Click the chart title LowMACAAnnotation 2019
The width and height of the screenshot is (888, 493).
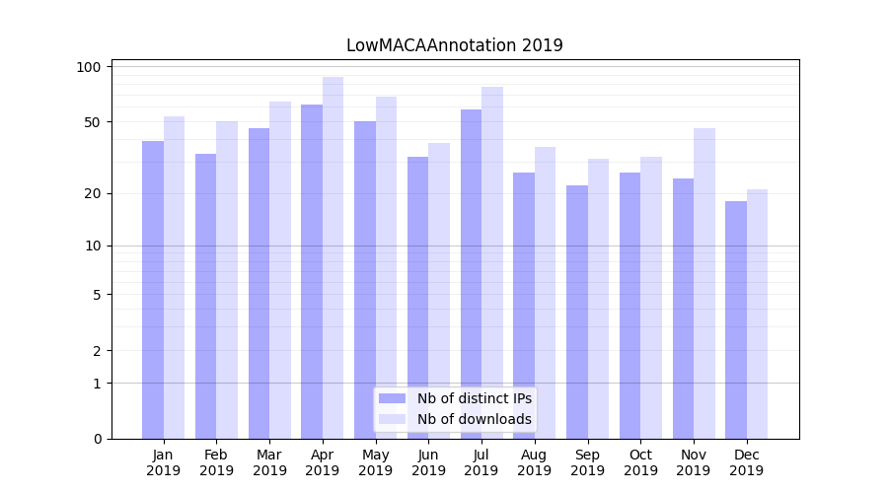click(455, 45)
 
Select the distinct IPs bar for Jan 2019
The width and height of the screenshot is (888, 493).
click(153, 290)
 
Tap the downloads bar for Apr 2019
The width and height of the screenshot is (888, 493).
click(333, 258)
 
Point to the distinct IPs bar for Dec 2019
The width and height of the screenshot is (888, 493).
click(736, 320)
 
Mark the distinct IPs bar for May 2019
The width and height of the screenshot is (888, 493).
click(365, 280)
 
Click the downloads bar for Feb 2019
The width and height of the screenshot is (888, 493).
click(227, 280)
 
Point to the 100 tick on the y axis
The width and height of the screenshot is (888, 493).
click(90, 67)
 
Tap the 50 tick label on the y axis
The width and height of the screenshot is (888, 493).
click(94, 122)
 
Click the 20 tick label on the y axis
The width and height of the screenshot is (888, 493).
click(94, 193)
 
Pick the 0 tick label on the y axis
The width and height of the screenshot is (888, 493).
click(97, 439)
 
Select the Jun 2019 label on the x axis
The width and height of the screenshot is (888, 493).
click(428, 462)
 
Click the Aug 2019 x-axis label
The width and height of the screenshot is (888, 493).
click(535, 462)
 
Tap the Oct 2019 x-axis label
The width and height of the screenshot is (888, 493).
click(640, 462)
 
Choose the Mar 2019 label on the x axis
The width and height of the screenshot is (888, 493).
click(269, 462)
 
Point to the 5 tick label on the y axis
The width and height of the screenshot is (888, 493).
click(97, 294)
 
